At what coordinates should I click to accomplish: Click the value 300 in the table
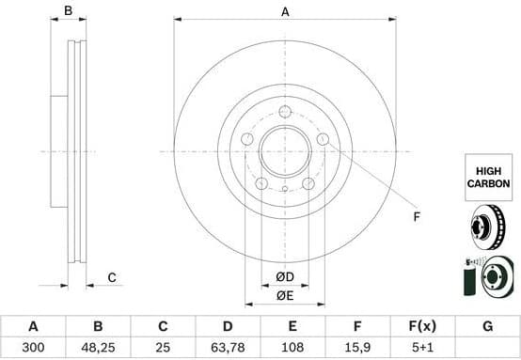(33, 347)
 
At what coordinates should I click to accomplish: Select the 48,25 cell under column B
(98, 347)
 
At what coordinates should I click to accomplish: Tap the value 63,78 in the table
(227, 347)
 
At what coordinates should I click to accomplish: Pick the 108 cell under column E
(292, 347)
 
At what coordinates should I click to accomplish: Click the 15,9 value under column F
(356, 347)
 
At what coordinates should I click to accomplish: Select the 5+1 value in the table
(421, 347)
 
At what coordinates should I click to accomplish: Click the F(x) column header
(421, 326)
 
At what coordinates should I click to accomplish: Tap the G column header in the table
(486, 326)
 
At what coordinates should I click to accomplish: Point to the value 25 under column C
(162, 347)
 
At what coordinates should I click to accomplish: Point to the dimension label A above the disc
(285, 11)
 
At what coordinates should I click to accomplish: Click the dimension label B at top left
(67, 11)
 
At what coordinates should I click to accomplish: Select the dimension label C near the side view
(111, 276)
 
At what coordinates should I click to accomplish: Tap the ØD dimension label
(285, 275)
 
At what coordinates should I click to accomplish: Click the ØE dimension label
(285, 297)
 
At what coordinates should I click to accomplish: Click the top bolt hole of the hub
(285, 112)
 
